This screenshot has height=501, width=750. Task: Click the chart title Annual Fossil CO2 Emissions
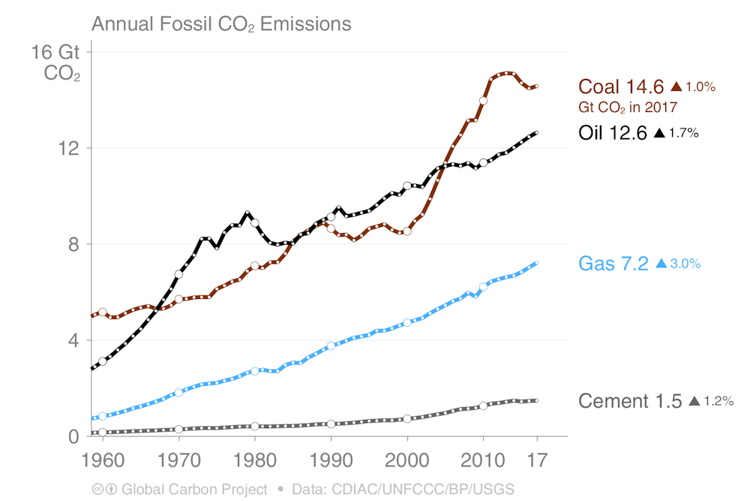pyautogui.click(x=221, y=24)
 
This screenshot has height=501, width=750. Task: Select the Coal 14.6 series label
pyautogui.click(x=621, y=86)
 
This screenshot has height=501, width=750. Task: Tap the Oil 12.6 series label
pyautogui.click(x=612, y=133)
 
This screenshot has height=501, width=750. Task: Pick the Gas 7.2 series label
pyautogui.click(x=613, y=264)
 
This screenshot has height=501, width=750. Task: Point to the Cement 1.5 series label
pyautogui.click(x=630, y=401)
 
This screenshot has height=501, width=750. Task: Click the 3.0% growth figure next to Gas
pyautogui.click(x=685, y=264)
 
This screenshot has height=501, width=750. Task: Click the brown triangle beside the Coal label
pyautogui.click(x=676, y=86)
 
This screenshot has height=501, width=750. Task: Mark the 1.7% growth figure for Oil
pyautogui.click(x=683, y=134)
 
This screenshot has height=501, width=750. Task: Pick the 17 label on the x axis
pyautogui.click(x=537, y=458)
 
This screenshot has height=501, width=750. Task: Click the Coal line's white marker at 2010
pyautogui.click(x=484, y=100)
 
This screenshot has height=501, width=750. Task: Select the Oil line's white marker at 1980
pyautogui.click(x=255, y=223)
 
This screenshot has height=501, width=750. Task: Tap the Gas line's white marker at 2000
pyautogui.click(x=407, y=323)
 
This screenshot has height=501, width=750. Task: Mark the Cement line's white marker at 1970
pyautogui.click(x=178, y=429)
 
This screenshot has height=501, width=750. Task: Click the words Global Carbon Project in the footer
pyautogui.click(x=194, y=489)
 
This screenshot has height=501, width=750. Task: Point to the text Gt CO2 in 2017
pyautogui.click(x=627, y=107)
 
